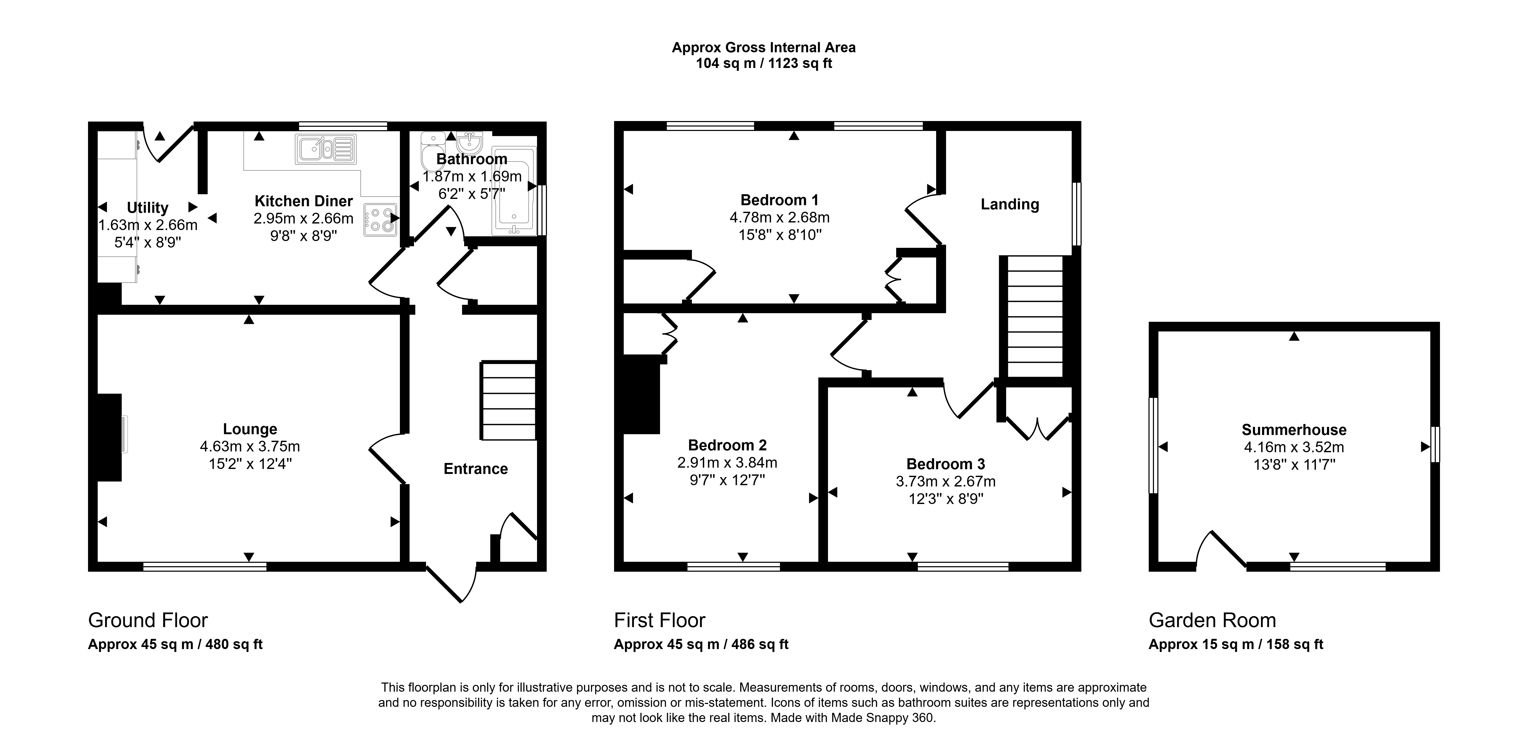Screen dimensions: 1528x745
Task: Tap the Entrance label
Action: click(476, 469)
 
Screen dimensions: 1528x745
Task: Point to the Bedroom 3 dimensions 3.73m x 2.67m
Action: click(946, 482)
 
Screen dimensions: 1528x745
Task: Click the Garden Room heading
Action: click(1212, 620)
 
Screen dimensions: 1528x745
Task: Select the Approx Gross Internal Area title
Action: click(763, 48)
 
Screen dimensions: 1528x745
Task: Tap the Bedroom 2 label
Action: click(727, 445)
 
